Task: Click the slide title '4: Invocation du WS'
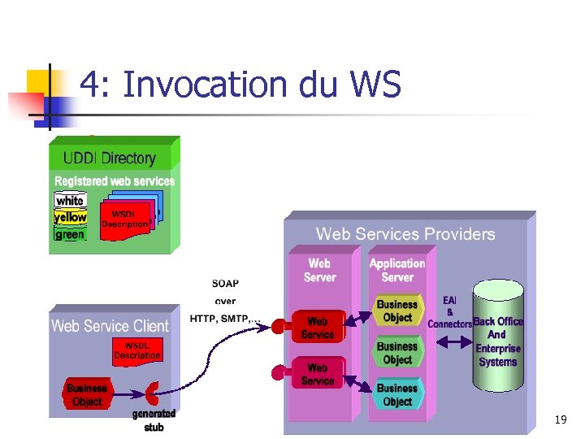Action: tap(240, 85)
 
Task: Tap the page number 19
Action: tap(561, 419)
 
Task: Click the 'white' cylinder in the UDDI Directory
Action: tap(70, 200)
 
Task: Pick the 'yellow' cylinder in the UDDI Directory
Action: tap(70, 217)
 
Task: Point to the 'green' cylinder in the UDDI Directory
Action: tap(70, 234)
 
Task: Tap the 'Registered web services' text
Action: tap(115, 180)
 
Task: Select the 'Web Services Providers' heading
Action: tap(405, 234)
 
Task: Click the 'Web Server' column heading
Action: tap(319, 270)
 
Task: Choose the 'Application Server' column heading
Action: tap(397, 270)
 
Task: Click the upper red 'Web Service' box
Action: tap(318, 328)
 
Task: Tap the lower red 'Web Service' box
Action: tap(318, 374)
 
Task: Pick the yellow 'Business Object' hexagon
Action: tap(397, 311)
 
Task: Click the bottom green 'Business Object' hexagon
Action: tap(397, 394)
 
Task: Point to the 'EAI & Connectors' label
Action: tap(450, 312)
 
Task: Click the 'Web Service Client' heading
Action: tap(110, 326)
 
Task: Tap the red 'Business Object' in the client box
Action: tap(87, 395)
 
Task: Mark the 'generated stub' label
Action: tap(154, 420)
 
